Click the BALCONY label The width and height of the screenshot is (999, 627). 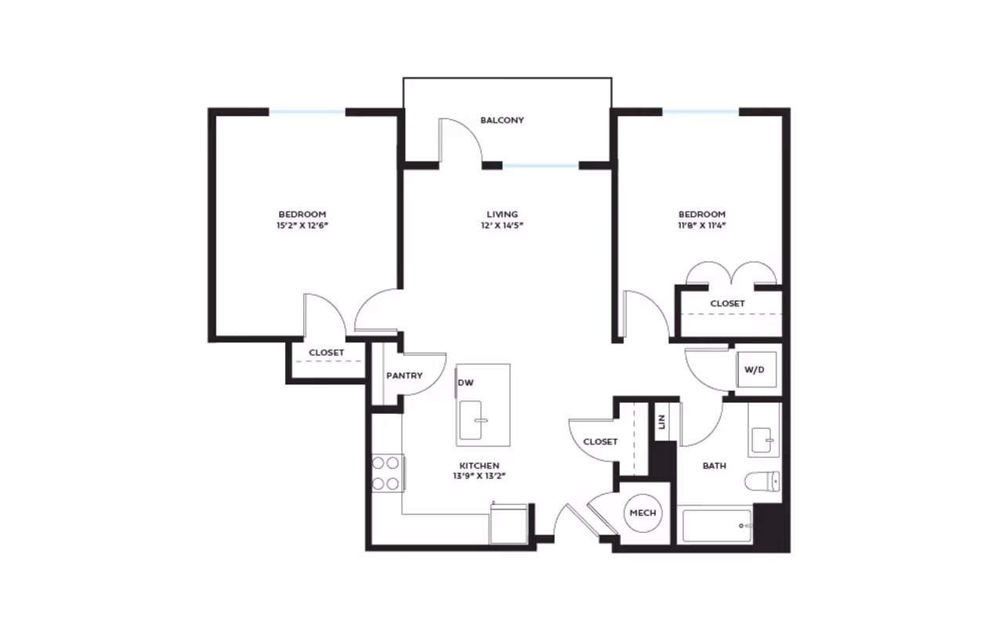(x=501, y=121)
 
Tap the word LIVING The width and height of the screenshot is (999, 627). (x=501, y=214)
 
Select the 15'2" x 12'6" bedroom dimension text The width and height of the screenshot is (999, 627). (x=302, y=226)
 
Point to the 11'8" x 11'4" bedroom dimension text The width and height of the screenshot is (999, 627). (x=701, y=226)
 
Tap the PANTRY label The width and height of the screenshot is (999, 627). (x=404, y=375)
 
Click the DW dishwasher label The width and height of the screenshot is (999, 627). (x=465, y=382)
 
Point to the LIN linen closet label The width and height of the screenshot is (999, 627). (x=661, y=422)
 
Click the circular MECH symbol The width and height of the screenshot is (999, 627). (x=642, y=513)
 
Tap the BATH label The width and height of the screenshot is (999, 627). (x=714, y=466)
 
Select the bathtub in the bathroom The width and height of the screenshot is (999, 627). (x=716, y=525)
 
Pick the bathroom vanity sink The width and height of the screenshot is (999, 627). (x=762, y=440)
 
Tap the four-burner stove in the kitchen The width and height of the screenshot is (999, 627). (x=387, y=473)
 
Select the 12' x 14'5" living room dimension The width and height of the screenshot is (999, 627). (x=501, y=226)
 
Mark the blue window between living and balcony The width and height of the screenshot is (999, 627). (x=540, y=165)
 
